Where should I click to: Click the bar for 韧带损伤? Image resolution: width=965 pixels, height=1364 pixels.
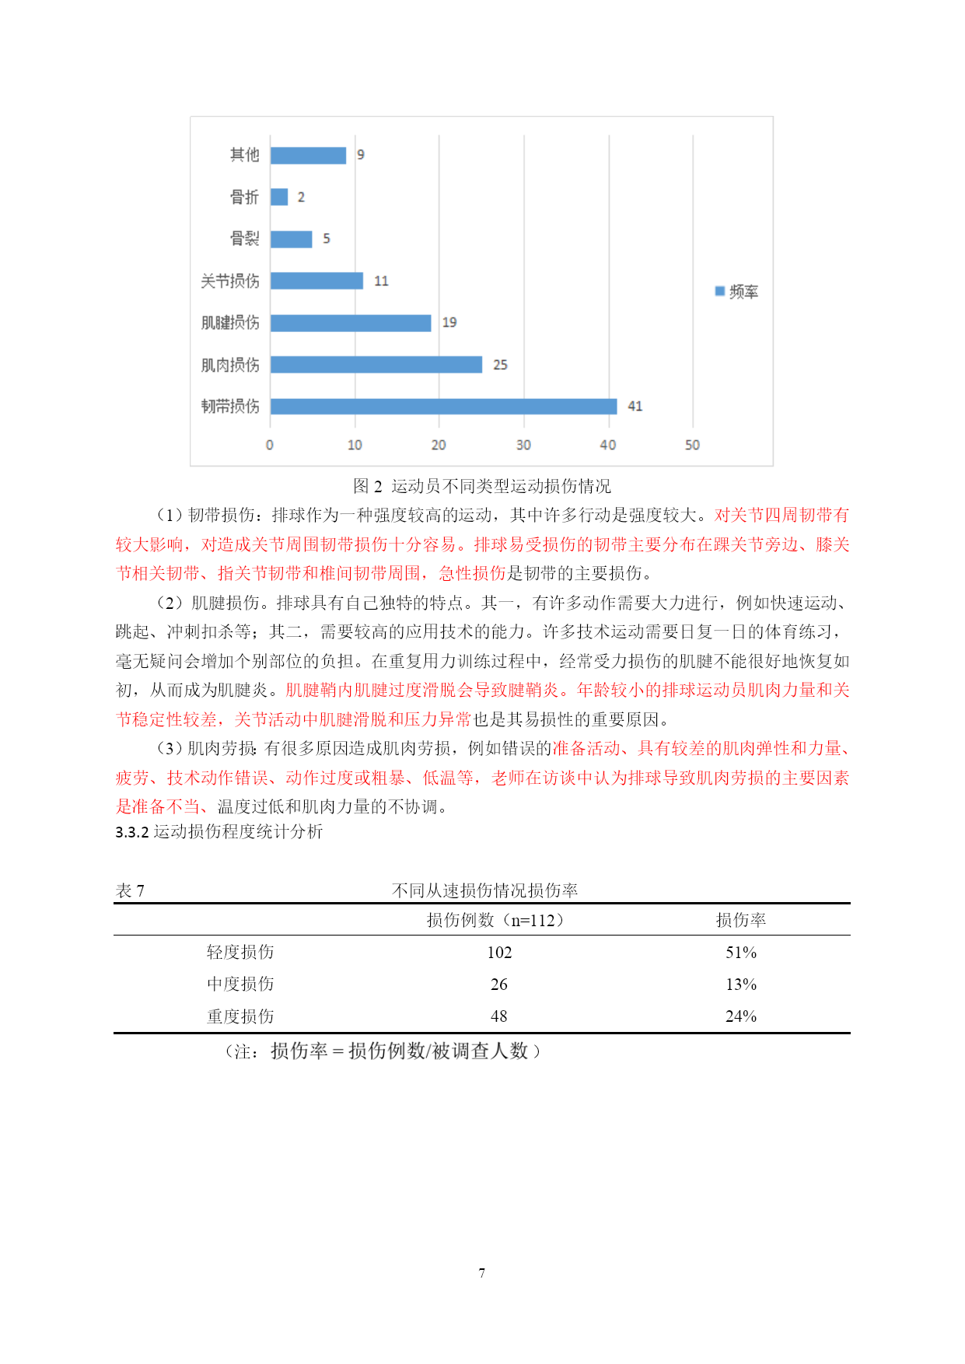pos(443,406)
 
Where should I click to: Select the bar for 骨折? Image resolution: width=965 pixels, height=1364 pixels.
pos(279,197)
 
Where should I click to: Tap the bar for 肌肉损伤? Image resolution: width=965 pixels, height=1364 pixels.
pos(376,364)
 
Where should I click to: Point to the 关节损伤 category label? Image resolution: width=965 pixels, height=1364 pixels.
pos(230,281)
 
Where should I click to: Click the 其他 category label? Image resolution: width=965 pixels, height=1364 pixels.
pos(244,155)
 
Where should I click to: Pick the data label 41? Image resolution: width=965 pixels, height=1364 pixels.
pos(635,406)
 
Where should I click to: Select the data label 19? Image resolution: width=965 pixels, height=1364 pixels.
pos(449,322)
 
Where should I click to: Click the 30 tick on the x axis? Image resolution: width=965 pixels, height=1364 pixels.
pos(523,445)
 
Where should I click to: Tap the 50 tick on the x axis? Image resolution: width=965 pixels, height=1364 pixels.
pos(692,445)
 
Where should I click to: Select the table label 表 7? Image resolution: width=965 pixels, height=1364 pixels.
pos(130,890)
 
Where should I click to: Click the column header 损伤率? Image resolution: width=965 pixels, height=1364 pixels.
pos(740,920)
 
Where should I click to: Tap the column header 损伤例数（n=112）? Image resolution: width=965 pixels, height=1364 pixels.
pos(495,920)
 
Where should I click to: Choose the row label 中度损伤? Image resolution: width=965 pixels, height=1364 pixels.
pos(240,984)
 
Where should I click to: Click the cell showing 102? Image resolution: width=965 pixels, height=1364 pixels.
pos(499,952)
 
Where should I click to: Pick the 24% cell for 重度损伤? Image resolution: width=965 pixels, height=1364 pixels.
pos(740,1016)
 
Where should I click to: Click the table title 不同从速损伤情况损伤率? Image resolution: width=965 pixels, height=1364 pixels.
pos(484,890)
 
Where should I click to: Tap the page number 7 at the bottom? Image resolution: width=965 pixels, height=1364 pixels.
pos(482,1273)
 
